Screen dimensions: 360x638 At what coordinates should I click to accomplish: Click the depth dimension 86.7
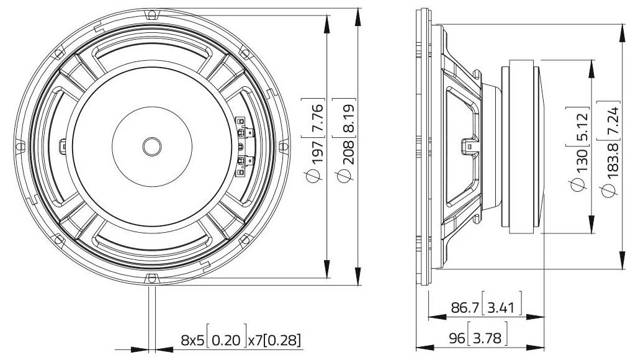(x=465, y=308)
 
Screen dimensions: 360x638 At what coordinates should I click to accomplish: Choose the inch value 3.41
(x=503, y=308)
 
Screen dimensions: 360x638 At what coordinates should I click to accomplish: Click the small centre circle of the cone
(x=151, y=146)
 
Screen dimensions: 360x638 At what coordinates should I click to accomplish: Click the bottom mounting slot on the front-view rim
(x=151, y=277)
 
